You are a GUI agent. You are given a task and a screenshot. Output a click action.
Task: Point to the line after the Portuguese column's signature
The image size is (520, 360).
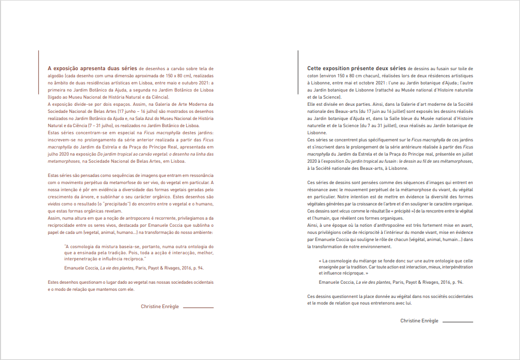point(198,308)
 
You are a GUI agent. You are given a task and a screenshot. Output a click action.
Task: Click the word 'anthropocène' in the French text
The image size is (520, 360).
point(394,225)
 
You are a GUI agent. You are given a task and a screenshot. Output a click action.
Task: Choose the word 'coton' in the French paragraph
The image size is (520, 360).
point(314,75)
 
